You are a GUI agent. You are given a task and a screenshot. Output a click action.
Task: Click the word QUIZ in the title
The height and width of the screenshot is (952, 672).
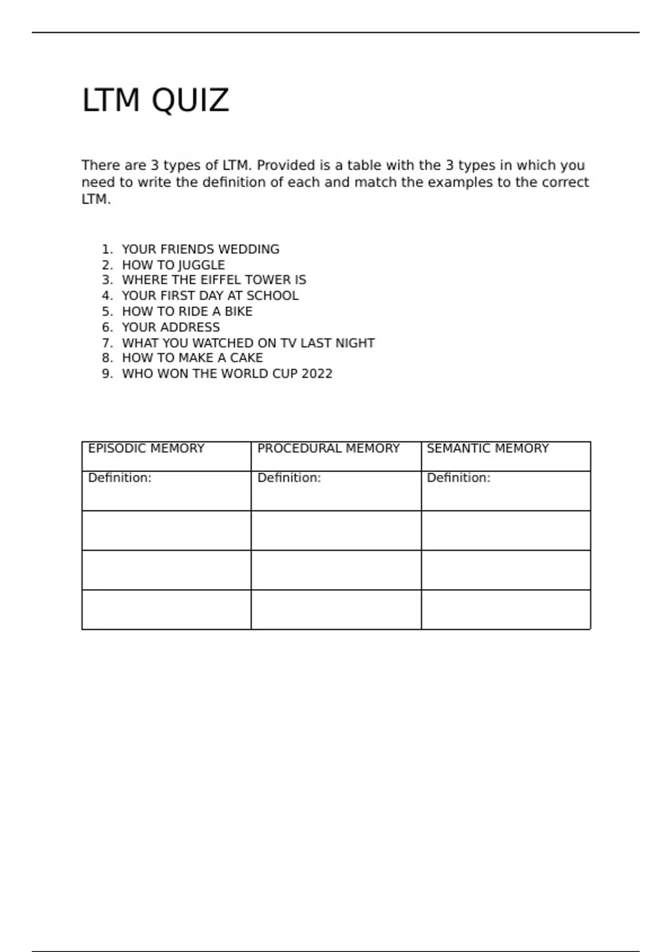point(190,101)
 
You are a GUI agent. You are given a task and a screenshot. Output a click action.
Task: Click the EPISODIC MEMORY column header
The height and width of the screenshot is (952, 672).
point(146,449)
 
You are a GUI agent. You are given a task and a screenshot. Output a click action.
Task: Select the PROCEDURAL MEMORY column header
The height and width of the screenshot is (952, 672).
point(328,449)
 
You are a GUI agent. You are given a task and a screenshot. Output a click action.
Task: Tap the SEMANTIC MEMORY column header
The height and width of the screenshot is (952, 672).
point(487,449)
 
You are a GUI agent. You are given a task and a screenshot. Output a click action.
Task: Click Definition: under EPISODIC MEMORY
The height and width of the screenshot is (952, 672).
point(120,478)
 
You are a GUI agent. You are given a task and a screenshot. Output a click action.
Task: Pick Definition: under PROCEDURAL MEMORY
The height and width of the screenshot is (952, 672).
point(289,478)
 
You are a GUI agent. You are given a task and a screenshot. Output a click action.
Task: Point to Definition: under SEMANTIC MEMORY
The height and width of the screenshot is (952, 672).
point(458,478)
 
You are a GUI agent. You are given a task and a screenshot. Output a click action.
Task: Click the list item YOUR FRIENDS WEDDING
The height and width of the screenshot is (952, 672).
point(200,249)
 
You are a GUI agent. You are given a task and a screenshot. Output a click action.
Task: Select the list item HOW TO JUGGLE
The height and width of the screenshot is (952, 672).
point(173,265)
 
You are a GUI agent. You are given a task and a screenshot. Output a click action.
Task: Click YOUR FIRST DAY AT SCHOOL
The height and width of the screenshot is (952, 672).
point(210,296)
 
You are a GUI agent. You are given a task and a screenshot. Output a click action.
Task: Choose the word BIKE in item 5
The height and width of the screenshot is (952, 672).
point(239,311)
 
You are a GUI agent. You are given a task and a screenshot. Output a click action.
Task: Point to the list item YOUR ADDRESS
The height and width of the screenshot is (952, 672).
point(171,327)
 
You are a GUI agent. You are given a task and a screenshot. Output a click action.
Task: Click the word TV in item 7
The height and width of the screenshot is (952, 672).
point(288,343)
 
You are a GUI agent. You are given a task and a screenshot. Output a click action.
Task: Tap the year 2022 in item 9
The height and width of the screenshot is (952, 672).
point(317,374)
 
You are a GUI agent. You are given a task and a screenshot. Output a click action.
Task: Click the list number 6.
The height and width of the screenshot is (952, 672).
point(106,327)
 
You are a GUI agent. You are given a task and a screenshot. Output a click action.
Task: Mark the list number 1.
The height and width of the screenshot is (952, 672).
point(106,249)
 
